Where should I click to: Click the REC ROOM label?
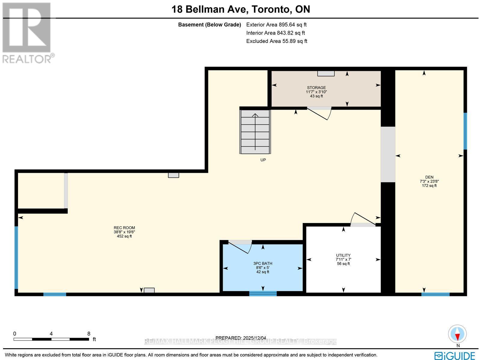[124, 228]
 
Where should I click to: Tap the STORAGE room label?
[316, 88]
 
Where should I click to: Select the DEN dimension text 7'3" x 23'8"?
[429, 182]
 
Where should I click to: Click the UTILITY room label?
[343, 255]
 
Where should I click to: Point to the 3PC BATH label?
[263, 264]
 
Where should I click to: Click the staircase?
[255, 132]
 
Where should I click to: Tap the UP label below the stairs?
[263, 160]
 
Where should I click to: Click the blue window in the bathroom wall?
[263, 294]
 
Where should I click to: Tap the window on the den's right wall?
[465, 131]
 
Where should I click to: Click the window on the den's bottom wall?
[435, 294]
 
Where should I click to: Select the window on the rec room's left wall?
[17, 258]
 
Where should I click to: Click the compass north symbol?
[458, 334]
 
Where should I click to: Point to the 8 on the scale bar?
[88, 334]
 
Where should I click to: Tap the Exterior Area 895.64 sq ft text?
[276, 25]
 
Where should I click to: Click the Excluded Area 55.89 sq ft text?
[277, 41]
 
